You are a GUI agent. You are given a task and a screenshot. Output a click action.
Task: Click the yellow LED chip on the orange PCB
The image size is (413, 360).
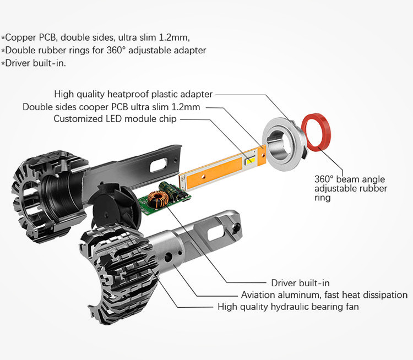[x=249, y=161]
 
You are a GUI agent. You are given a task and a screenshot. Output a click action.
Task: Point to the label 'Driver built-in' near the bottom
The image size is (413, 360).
[x=300, y=283]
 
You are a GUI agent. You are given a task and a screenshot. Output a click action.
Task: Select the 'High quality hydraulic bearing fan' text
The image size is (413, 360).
[x=288, y=307]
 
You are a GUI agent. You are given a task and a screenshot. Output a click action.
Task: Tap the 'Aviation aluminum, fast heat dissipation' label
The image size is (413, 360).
[x=324, y=295]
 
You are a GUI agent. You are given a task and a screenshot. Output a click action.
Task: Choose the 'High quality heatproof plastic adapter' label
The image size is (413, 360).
[x=133, y=95]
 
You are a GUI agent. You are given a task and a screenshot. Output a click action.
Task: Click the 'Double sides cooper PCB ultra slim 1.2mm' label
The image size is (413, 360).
[x=111, y=107]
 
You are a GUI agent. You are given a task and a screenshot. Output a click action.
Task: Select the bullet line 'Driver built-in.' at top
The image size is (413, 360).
[x=34, y=63]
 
